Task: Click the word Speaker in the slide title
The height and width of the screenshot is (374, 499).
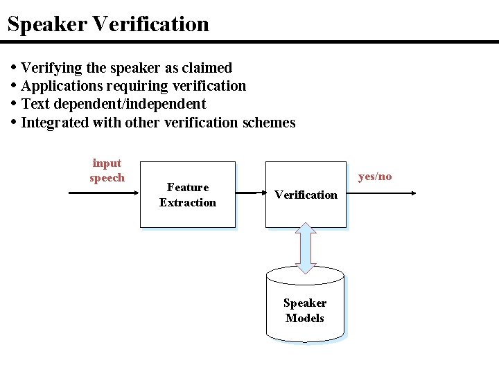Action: pyautogui.click(x=46, y=24)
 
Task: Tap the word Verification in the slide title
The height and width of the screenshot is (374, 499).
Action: pyautogui.click(x=150, y=24)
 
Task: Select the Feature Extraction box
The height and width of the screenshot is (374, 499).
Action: pyautogui.click(x=188, y=195)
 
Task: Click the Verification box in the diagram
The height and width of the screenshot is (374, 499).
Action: pyautogui.click(x=306, y=195)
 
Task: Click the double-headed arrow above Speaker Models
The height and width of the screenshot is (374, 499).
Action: pyautogui.click(x=306, y=247)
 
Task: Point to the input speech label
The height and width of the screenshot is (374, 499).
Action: pyautogui.click(x=107, y=170)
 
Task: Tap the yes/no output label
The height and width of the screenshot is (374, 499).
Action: pyautogui.click(x=375, y=177)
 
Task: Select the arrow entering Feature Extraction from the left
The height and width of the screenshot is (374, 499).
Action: pyautogui.click(x=104, y=195)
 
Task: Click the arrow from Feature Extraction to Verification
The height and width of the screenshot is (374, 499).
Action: pyautogui.click(x=250, y=195)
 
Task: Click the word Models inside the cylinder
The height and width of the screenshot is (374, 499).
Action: pyautogui.click(x=305, y=319)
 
